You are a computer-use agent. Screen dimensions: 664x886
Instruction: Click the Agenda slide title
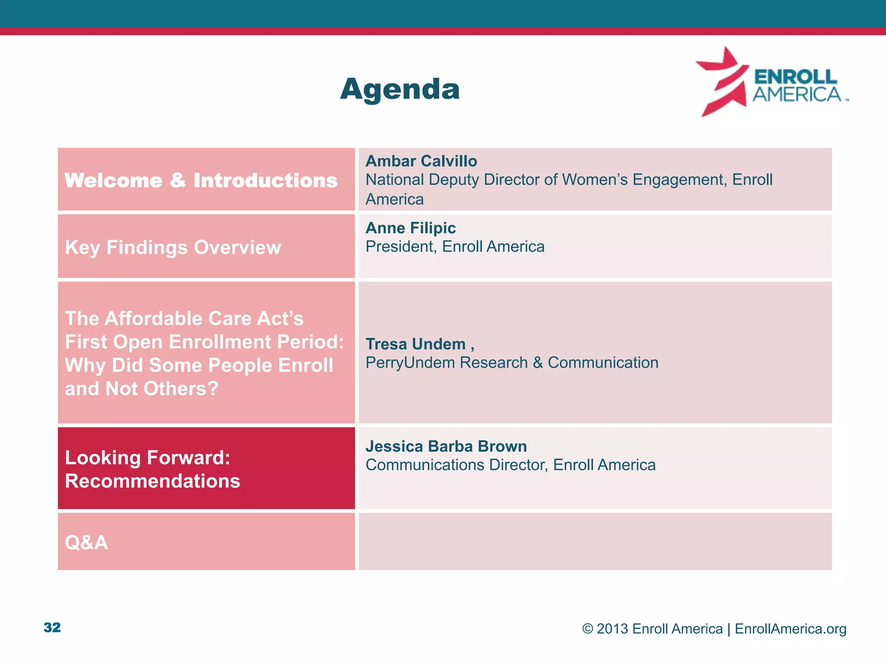400,89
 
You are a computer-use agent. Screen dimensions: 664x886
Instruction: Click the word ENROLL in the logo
795,77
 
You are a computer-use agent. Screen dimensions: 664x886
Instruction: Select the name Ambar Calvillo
421,161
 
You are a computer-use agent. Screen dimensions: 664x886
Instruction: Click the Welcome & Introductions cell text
201,180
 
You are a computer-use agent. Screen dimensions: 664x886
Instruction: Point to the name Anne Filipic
411,228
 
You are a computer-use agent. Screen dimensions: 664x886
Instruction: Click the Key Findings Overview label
173,247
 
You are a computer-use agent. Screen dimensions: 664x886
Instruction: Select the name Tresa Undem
415,344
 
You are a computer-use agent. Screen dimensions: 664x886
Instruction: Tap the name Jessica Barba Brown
446,446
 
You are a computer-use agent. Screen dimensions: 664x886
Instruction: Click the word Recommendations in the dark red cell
152,481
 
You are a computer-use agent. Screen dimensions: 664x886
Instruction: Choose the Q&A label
86,543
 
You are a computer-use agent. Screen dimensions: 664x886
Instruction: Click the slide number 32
52,627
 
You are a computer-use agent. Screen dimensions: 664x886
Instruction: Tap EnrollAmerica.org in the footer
790,629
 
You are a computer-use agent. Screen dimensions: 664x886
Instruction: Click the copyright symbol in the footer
587,629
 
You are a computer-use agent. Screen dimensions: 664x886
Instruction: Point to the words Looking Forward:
147,458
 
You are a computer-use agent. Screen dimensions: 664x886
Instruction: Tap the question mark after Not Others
213,389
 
